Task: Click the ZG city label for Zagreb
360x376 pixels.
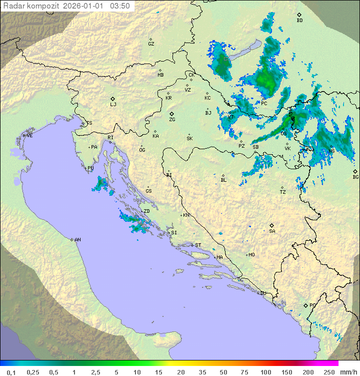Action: tap(172, 120)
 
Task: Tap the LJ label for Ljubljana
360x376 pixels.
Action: tap(113, 105)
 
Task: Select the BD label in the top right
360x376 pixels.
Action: tap(299, 21)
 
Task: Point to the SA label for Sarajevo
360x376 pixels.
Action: tap(272, 231)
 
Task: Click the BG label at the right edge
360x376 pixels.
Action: tap(355, 177)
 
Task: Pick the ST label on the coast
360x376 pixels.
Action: tap(198, 245)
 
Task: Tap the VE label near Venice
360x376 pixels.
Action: tap(29, 136)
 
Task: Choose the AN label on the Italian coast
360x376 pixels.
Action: tap(77, 240)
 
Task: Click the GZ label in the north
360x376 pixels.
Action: tap(151, 44)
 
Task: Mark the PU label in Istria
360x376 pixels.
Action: tap(90, 168)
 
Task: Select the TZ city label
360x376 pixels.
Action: tap(283, 192)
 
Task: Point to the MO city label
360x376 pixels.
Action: tap(251, 255)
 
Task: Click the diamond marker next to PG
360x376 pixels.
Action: tap(305, 305)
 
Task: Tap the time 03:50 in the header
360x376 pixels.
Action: tap(120, 6)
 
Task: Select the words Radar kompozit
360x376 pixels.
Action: tap(31, 6)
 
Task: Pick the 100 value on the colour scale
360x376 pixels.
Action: tap(265, 372)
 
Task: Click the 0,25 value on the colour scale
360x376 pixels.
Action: tap(33, 372)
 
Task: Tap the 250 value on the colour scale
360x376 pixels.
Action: tap(328, 372)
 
